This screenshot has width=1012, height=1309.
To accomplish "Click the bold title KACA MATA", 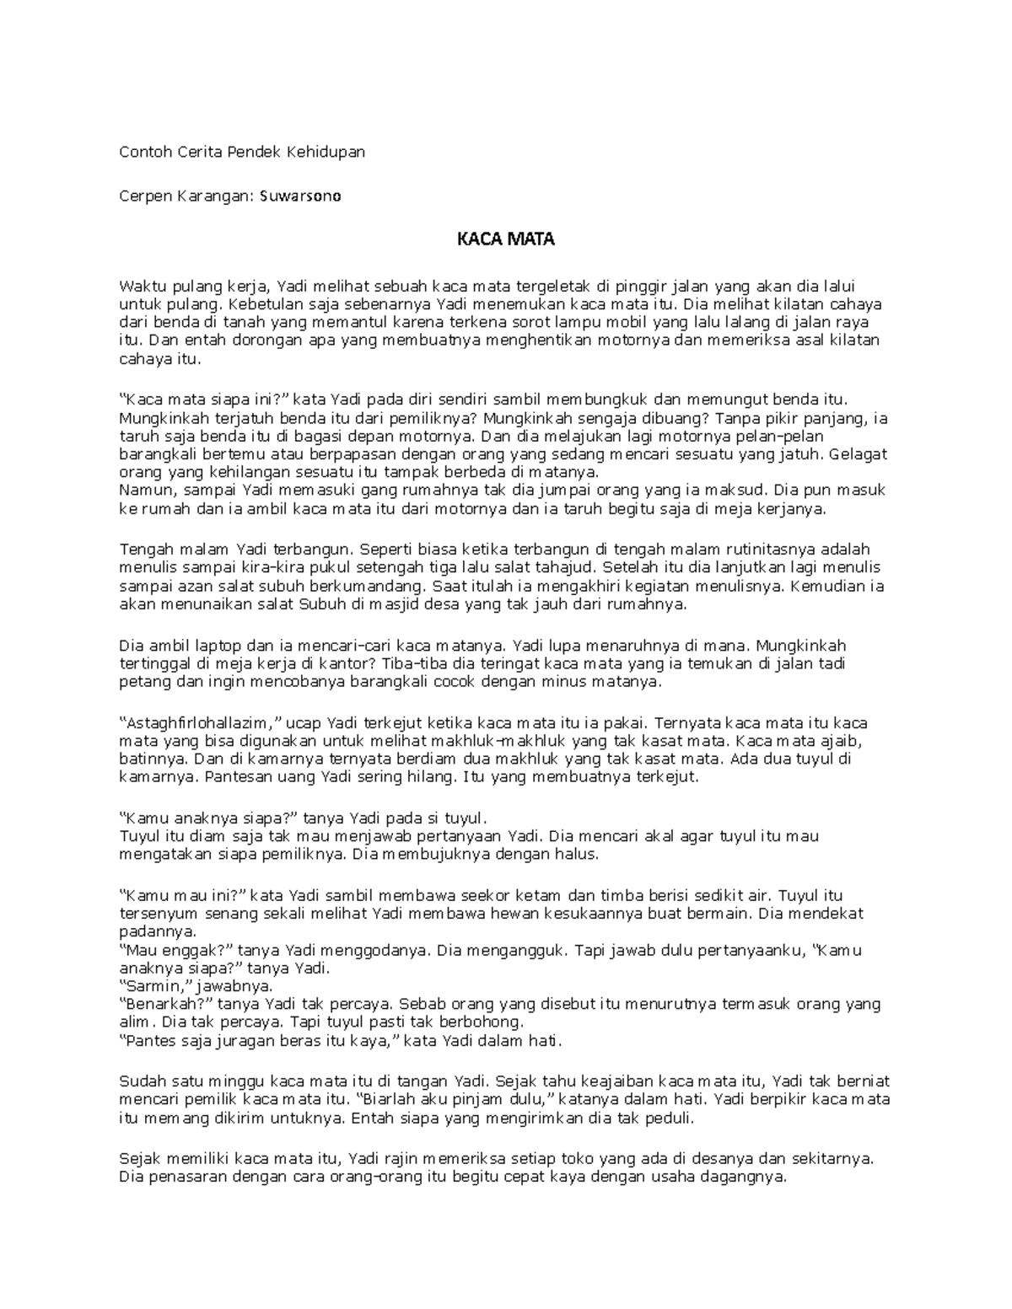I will (x=505, y=239).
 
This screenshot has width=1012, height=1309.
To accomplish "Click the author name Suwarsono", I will (x=300, y=196).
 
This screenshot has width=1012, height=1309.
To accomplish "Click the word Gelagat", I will (x=858, y=454).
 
